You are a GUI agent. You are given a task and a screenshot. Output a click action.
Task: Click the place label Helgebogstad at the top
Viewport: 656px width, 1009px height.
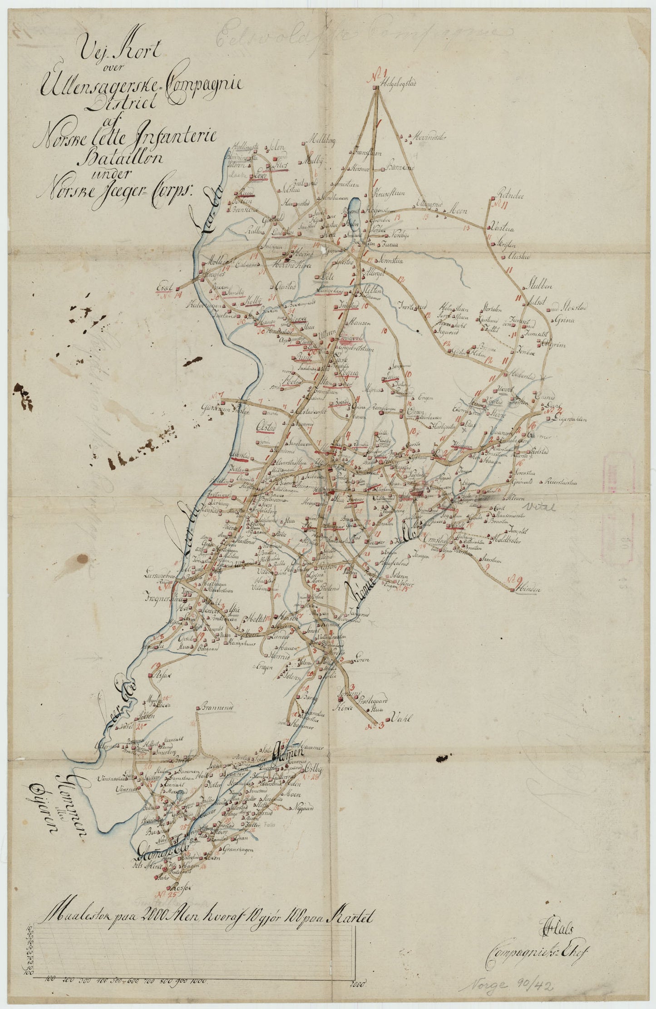click(x=400, y=83)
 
